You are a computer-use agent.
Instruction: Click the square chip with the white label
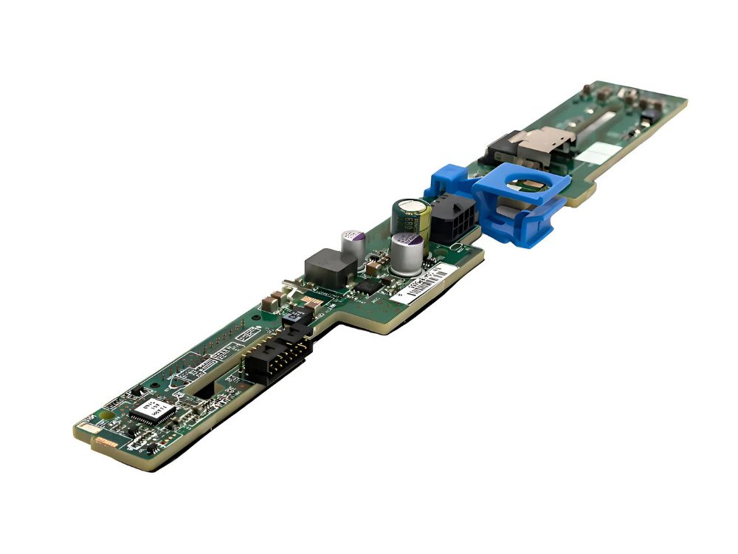154,411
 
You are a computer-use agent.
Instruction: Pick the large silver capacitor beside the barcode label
407,253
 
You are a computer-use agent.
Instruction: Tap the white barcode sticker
424,284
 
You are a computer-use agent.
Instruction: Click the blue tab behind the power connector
448,181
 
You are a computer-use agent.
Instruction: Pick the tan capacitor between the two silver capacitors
378,259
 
